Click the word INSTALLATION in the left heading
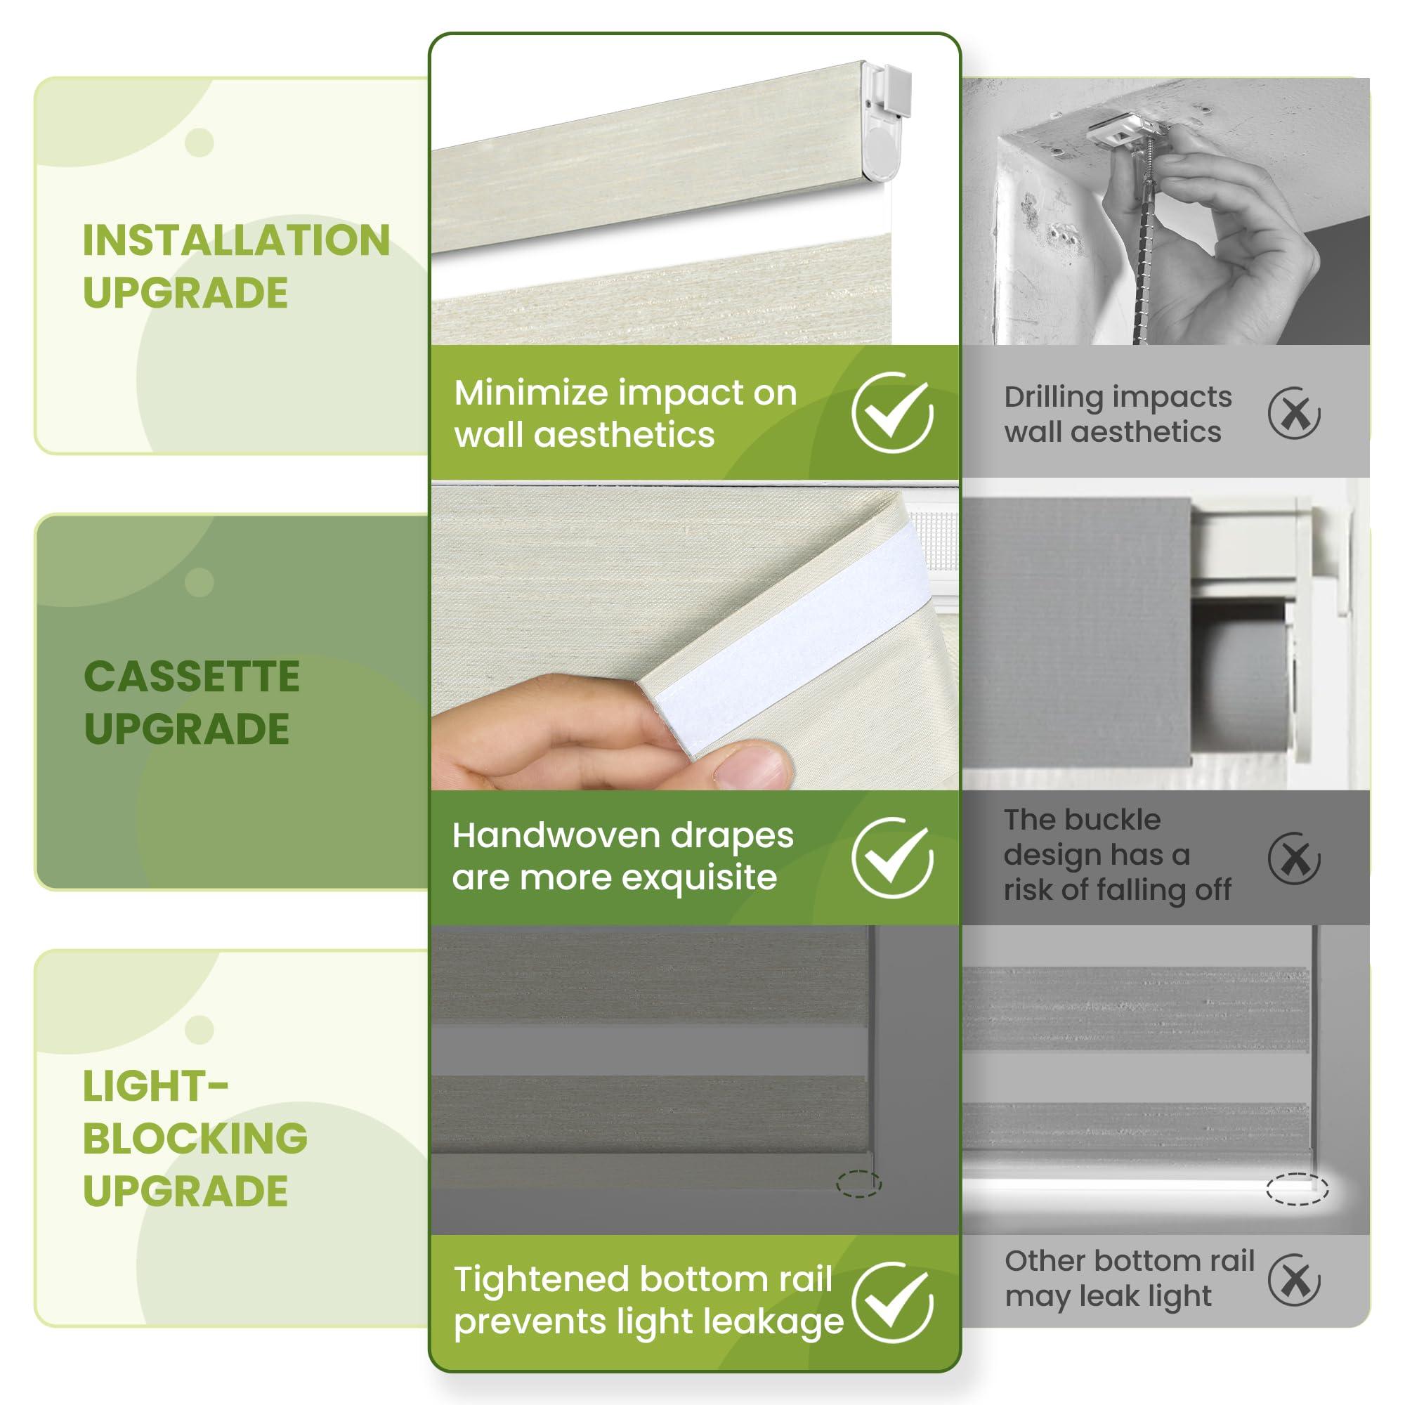point(236,241)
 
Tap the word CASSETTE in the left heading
point(192,677)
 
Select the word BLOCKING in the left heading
point(195,1138)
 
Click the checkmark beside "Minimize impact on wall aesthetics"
point(892,412)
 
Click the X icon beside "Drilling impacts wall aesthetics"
point(1294,414)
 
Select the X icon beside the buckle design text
point(1294,859)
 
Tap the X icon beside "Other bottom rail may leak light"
point(1294,1301)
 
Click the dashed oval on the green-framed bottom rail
point(859,1184)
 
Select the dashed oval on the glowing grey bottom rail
point(1298,1190)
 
